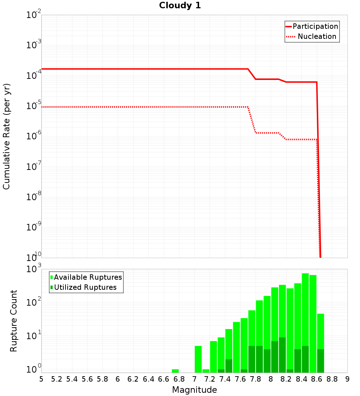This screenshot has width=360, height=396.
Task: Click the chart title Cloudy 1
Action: [x=180, y=5]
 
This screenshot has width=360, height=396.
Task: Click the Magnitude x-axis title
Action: [x=194, y=390]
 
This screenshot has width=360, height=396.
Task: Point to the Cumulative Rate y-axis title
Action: [x=6, y=136]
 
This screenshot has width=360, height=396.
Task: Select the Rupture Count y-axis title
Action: [x=14, y=321]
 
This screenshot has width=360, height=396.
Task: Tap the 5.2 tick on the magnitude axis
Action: [x=57, y=379]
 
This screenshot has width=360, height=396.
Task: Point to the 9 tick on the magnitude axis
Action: [x=347, y=379]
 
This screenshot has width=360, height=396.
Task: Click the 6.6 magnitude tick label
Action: [x=164, y=379]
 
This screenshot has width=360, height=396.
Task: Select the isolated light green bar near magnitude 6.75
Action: [x=175, y=371]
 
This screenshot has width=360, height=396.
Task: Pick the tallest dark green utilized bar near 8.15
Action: [x=282, y=355]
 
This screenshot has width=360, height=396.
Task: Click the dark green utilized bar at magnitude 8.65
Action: [x=320, y=361]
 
